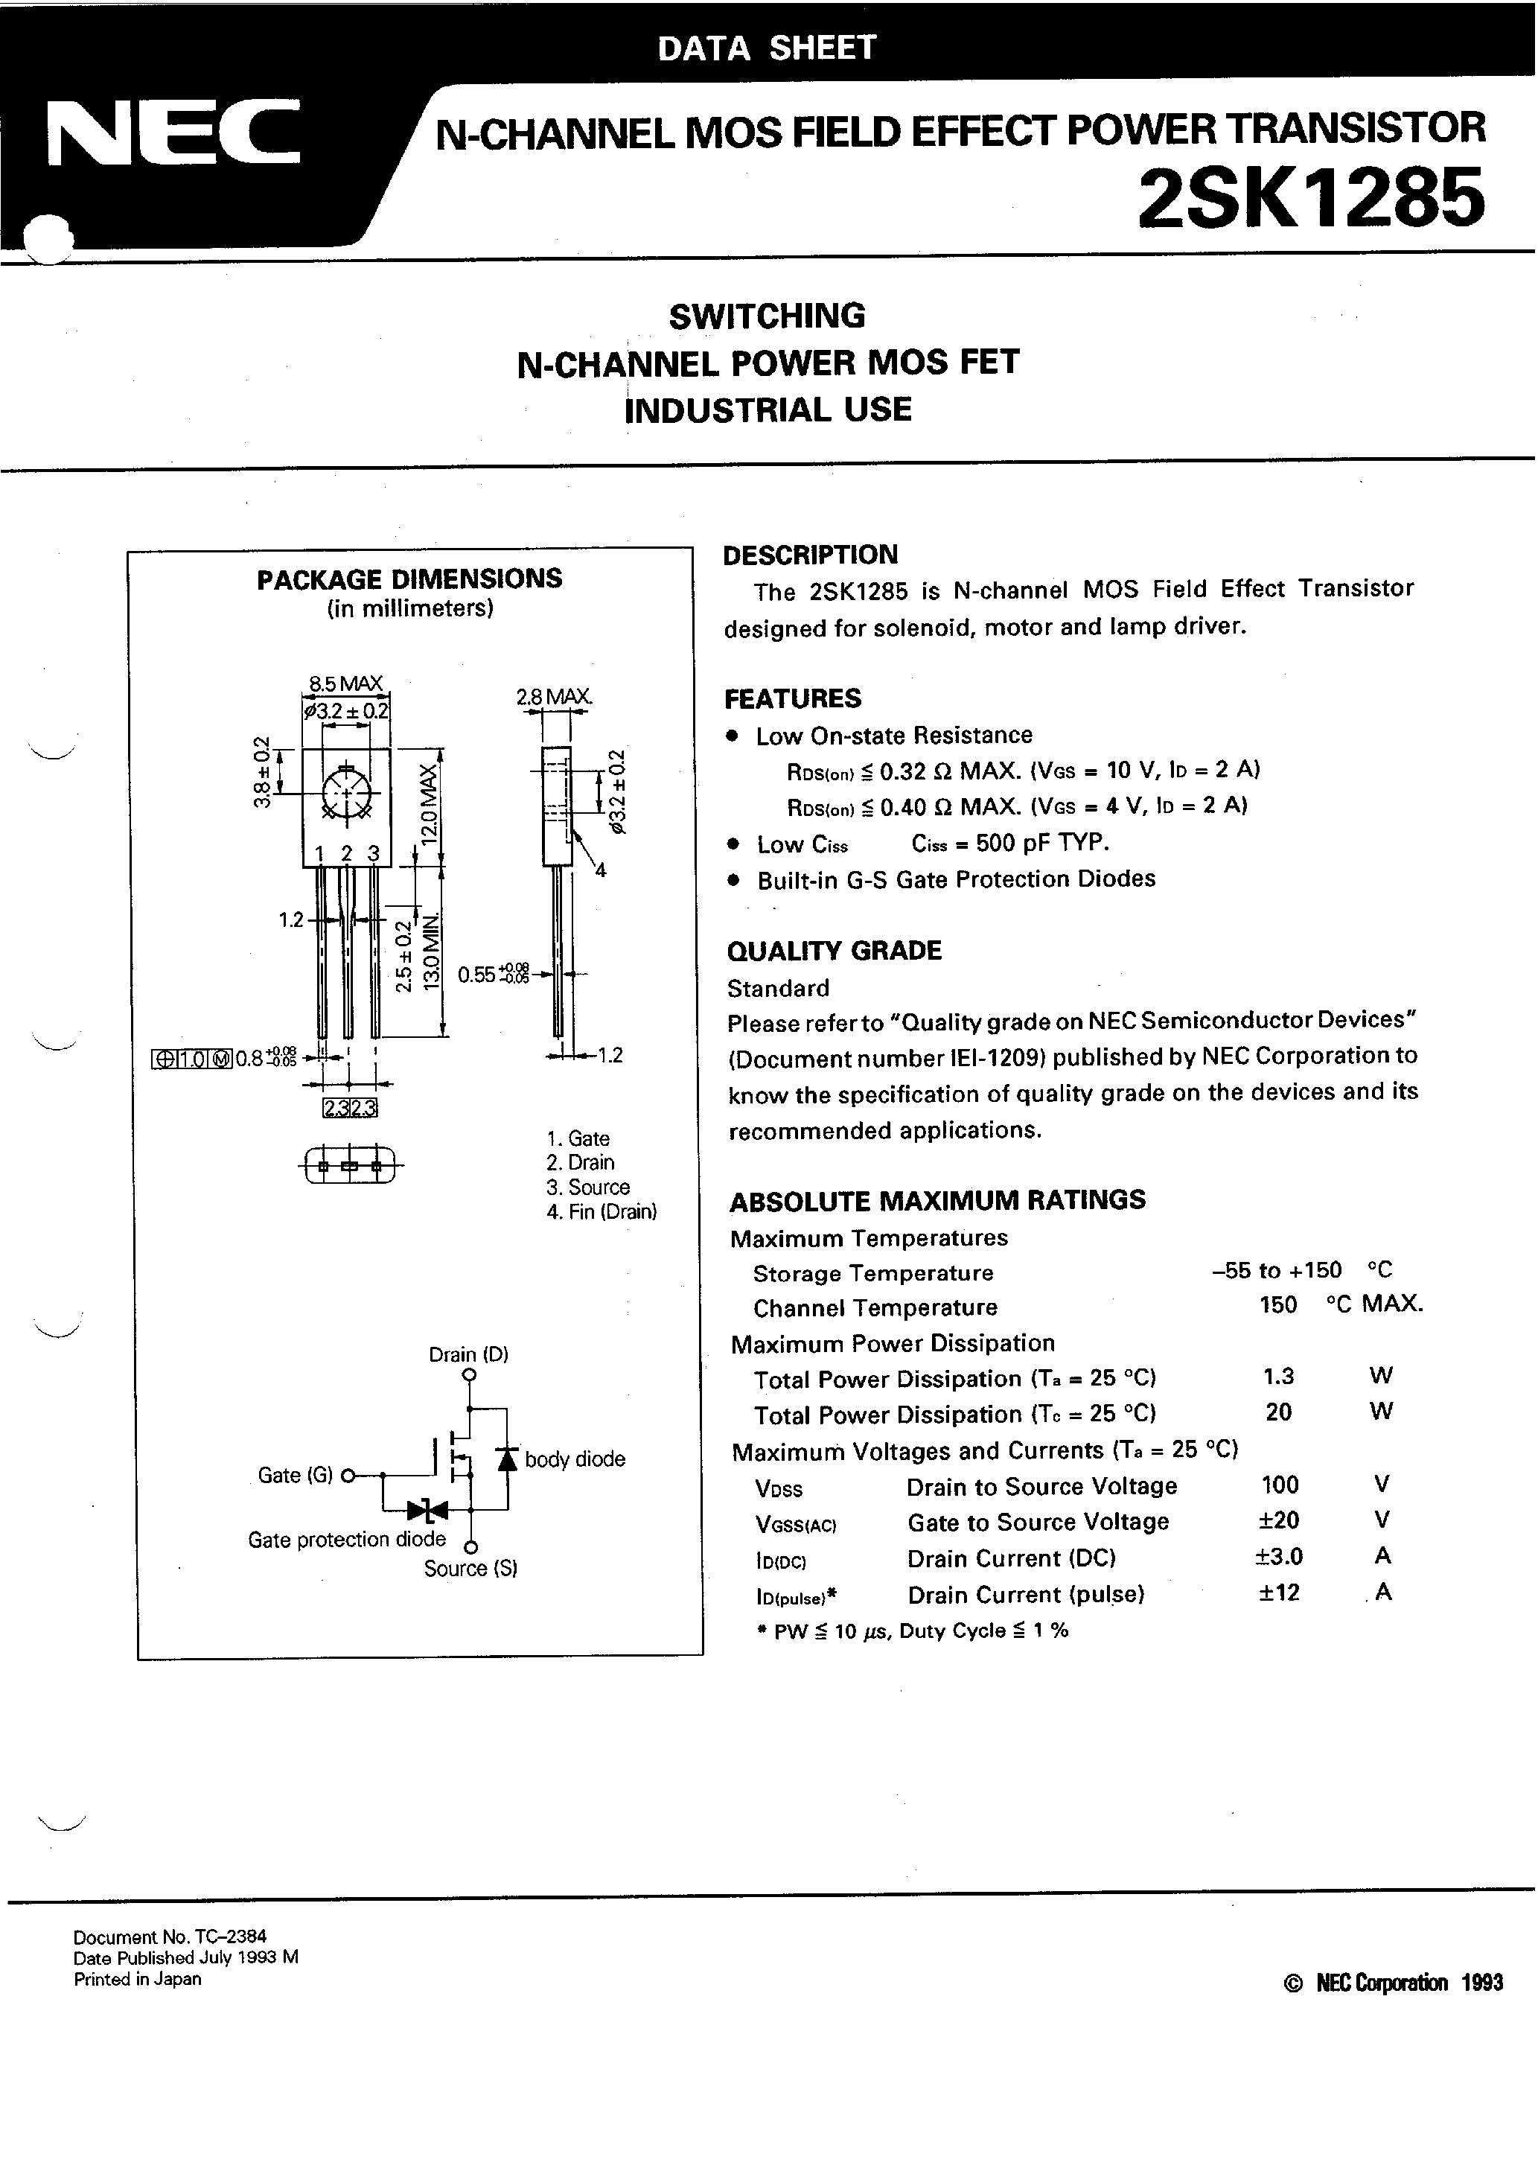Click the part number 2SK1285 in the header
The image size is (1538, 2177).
click(1309, 199)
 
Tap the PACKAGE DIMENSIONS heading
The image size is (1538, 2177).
click(409, 578)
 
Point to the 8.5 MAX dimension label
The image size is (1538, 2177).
click(345, 683)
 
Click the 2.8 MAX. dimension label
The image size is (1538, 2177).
click(554, 697)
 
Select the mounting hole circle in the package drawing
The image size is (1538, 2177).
click(347, 791)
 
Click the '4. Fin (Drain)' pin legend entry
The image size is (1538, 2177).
click(602, 1212)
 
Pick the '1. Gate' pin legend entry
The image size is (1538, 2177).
click(578, 1138)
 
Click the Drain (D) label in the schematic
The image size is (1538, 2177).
click(468, 1354)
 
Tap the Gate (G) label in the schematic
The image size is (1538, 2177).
click(295, 1476)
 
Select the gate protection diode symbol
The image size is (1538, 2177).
click(427, 1509)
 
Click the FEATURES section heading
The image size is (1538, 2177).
click(793, 699)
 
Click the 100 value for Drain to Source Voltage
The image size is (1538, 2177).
click(1280, 1485)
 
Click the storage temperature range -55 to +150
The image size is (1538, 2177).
click(1276, 1271)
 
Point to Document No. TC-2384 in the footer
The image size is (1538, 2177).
click(170, 1938)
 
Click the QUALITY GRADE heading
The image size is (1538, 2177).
click(834, 951)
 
